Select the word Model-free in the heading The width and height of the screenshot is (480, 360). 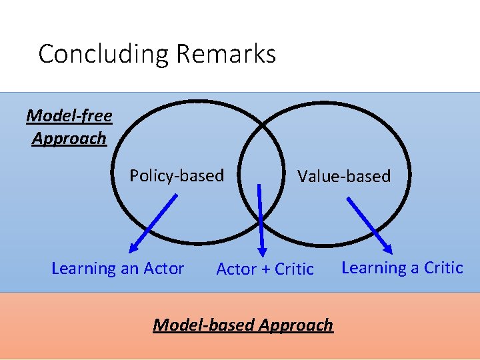(69, 116)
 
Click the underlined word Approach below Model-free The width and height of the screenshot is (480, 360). (69, 139)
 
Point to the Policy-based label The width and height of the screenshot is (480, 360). (177, 175)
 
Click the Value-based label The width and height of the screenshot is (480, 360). (344, 176)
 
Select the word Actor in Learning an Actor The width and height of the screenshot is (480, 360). (163, 269)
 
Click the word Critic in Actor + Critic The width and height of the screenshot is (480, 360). (294, 269)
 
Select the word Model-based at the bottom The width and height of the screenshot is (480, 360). (203, 325)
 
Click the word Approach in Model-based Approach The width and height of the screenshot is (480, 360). (295, 325)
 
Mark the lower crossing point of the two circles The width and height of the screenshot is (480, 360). (261, 243)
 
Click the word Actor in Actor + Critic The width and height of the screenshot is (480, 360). (236, 269)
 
